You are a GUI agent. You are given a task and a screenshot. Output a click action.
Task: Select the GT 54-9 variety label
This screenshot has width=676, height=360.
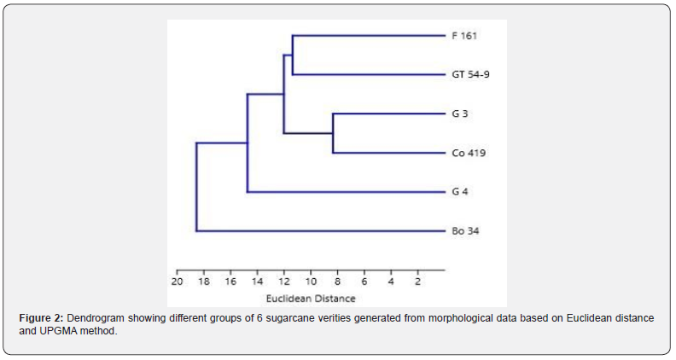pyautogui.click(x=470, y=75)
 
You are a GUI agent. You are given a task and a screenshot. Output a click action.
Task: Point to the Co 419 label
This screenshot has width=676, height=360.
pyautogui.click(x=468, y=153)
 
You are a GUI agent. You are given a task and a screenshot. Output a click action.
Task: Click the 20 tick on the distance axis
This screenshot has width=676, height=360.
pyautogui.click(x=177, y=281)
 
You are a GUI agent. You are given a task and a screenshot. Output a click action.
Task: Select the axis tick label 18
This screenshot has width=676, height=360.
pyautogui.click(x=204, y=281)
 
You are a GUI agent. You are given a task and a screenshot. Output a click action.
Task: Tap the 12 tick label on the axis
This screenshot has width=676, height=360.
pyautogui.click(x=284, y=281)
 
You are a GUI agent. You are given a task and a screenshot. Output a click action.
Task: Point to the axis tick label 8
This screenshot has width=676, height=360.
pyautogui.click(x=337, y=281)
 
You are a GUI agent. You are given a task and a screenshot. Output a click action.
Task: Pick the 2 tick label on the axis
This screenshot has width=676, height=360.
pyautogui.click(x=417, y=281)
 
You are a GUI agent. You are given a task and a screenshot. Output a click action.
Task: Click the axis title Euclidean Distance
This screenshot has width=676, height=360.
pyautogui.click(x=310, y=299)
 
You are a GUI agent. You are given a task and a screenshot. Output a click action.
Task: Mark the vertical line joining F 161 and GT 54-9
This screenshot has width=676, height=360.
pyautogui.click(x=292, y=55)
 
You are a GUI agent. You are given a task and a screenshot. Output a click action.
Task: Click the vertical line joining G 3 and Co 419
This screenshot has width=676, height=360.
pyautogui.click(x=333, y=133)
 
